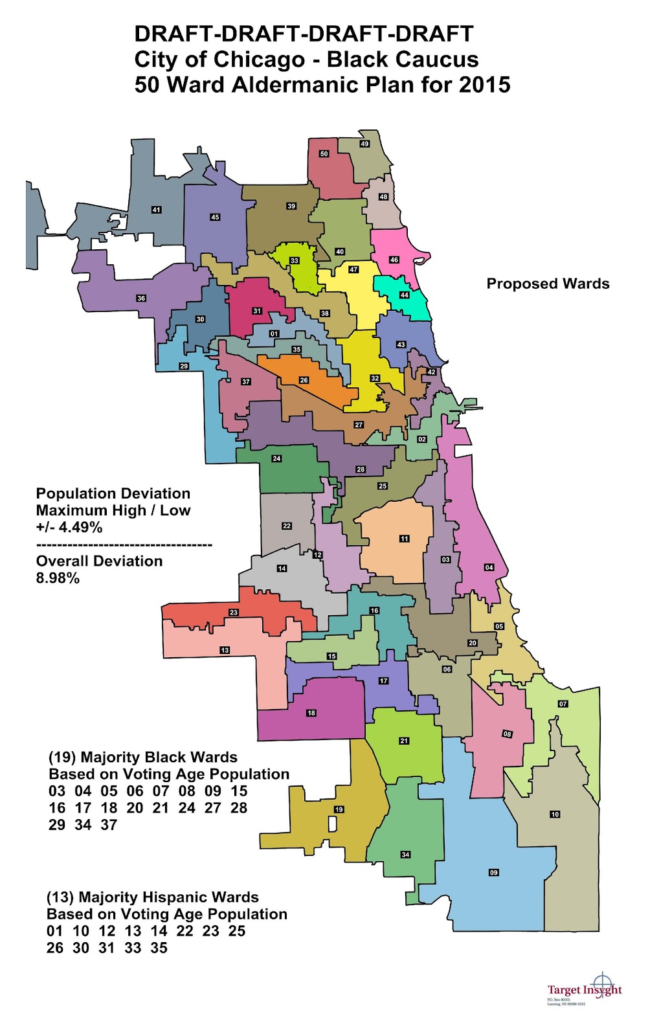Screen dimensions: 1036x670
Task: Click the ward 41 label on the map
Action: tap(156, 210)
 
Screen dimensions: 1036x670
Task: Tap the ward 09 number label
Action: tap(494, 873)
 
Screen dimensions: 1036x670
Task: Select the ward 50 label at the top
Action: tap(324, 154)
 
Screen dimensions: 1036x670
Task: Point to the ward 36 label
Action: tap(141, 298)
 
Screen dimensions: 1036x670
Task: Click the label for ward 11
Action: tap(405, 539)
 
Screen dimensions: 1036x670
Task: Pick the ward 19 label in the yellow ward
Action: tap(339, 809)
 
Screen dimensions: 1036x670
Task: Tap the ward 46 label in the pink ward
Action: tap(394, 260)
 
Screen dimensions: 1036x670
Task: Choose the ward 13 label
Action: tap(225, 650)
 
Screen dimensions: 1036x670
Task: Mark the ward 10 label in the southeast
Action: tap(555, 815)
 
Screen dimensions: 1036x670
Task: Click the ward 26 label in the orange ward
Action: tap(304, 380)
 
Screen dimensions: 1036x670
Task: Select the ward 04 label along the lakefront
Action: tap(489, 567)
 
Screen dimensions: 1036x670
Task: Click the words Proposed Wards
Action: tap(548, 284)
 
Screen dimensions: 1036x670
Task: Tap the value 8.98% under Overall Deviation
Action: tap(58, 578)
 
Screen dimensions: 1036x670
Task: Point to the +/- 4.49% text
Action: tap(69, 527)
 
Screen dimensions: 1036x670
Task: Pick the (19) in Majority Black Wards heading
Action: tap(62, 758)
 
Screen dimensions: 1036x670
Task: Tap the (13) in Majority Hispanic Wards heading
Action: tap(60, 897)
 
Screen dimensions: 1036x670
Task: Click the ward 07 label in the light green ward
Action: tap(563, 704)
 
